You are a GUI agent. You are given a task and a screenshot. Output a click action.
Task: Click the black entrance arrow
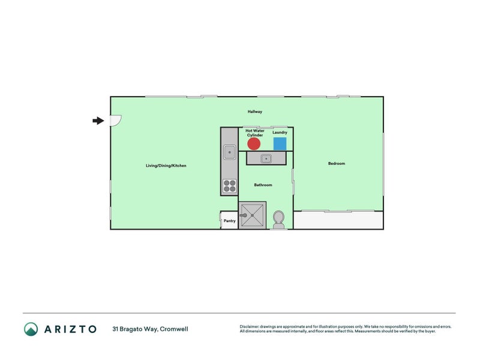98,121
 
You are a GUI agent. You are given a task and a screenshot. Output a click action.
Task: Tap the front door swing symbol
115,120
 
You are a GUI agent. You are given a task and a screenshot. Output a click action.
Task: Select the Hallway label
255,112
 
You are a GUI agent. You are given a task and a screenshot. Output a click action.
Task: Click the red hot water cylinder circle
254,144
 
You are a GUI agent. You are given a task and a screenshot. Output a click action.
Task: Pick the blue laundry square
280,144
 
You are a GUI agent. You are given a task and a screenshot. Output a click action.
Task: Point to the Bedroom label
337,163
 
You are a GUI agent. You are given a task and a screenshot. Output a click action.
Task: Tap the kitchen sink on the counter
229,152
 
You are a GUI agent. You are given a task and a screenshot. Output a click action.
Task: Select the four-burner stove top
229,187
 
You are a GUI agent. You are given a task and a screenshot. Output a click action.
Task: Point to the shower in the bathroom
252,215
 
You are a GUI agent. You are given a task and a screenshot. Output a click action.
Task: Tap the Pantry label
229,221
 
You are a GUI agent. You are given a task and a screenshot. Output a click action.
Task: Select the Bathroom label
263,185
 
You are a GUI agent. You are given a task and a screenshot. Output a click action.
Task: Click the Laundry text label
280,133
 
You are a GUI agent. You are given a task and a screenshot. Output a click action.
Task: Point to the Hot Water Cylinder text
254,133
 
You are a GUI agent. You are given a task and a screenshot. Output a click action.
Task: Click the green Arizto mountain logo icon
31,329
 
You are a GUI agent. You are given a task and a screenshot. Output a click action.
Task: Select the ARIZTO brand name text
68,329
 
